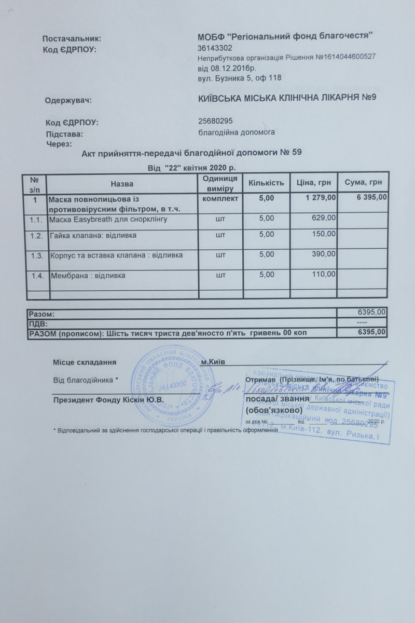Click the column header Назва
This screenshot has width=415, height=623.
[122, 184]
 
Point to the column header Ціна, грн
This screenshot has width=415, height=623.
[314, 183]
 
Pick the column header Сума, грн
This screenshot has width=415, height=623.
[363, 183]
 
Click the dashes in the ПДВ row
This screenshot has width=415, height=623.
[380, 323]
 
